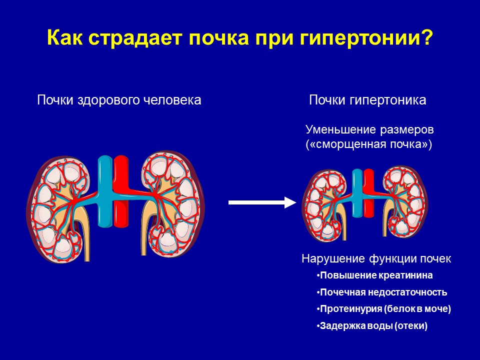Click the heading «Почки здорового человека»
[119, 100]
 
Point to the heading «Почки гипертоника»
[367, 100]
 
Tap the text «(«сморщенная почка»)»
[369, 144]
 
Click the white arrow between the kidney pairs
[262, 202]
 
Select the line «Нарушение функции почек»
[376, 258]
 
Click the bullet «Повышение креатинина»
[374, 275]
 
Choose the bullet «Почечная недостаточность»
[381, 292]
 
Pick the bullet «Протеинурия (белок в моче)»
[384, 309]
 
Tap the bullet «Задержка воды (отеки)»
[372, 325]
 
